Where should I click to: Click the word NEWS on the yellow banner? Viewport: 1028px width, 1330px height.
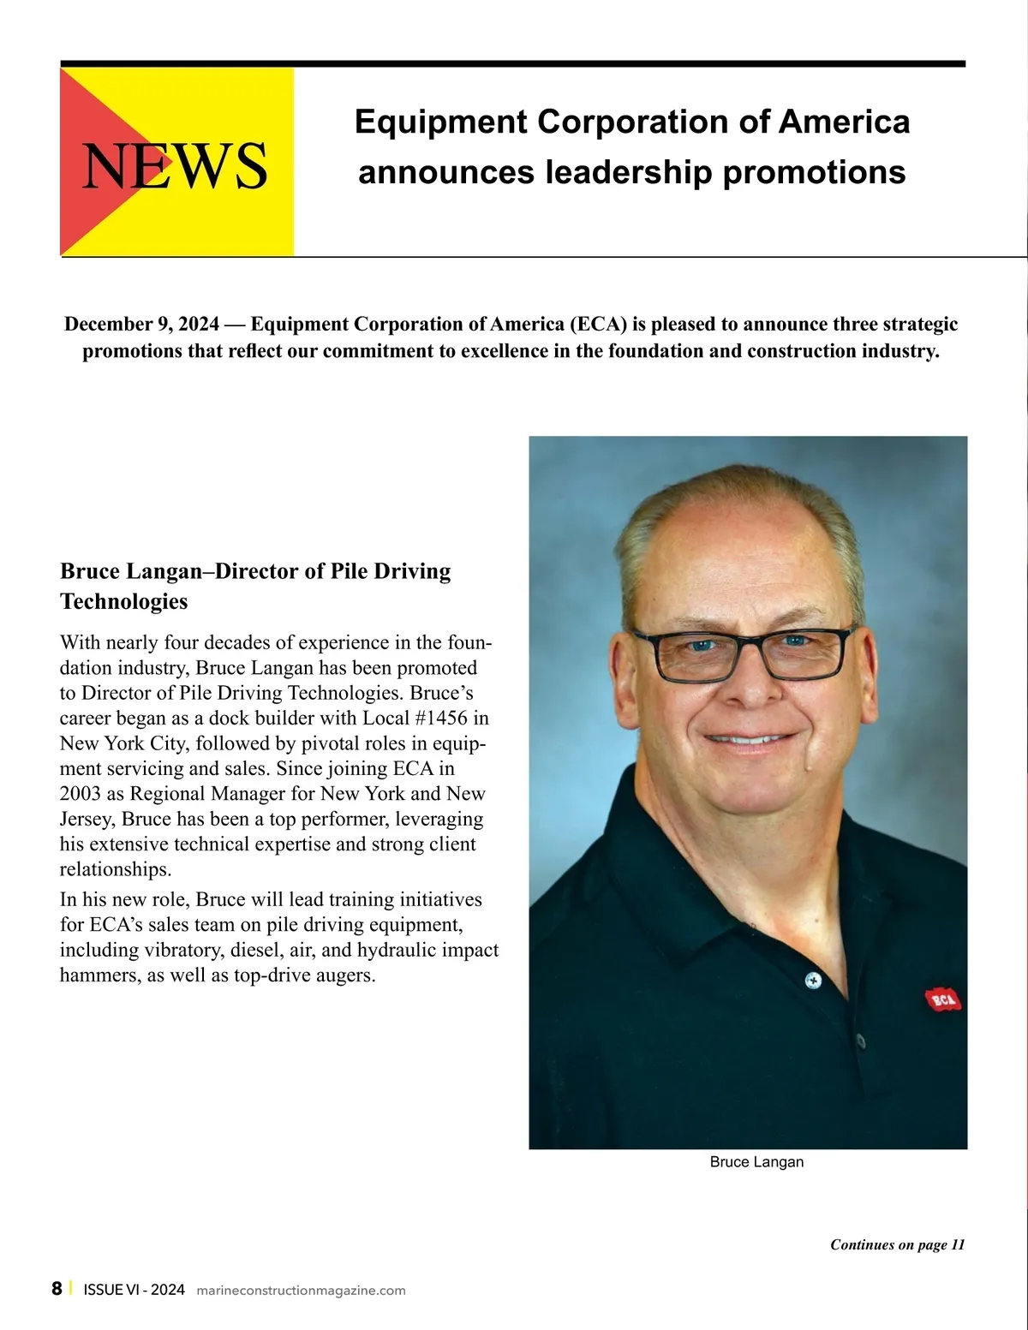[x=175, y=166]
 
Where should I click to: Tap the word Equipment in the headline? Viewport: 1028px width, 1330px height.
[x=440, y=122]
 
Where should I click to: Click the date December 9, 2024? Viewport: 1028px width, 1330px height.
[x=141, y=325]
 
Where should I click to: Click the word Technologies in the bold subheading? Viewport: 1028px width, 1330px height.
[x=124, y=601]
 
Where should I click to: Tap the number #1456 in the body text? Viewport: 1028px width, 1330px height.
[x=441, y=718]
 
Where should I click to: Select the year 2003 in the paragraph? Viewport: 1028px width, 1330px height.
[x=80, y=793]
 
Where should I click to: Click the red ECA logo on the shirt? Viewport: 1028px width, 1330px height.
[x=942, y=999]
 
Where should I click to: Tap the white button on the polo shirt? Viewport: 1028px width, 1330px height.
[x=813, y=979]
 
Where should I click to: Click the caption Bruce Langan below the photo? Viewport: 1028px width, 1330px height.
[x=756, y=1162]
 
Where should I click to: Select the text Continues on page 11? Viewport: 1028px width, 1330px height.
[x=897, y=1245]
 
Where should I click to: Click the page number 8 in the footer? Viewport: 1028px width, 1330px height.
[x=57, y=1289]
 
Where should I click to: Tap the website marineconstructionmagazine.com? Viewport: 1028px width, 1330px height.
[x=301, y=1291]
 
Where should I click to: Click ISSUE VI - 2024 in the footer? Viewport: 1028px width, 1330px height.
[x=134, y=1290]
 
